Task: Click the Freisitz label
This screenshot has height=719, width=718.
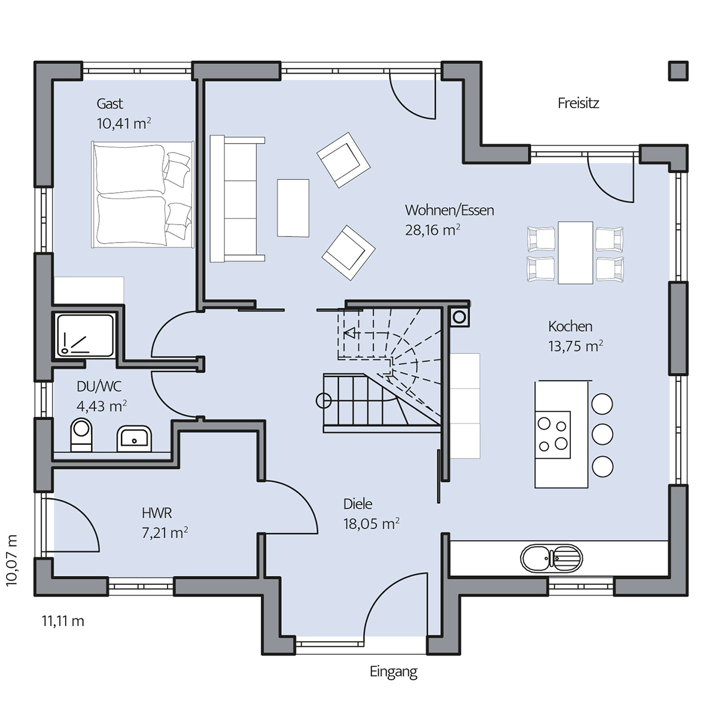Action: [578, 104]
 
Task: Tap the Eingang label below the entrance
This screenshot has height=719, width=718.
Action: [394, 672]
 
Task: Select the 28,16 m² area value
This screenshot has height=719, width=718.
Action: [432, 230]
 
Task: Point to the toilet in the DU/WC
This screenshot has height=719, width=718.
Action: [81, 435]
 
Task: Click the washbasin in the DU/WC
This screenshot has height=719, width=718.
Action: [134, 438]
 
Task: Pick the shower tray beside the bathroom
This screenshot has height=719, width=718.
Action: [85, 334]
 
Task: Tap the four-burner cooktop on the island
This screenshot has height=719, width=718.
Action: [553, 435]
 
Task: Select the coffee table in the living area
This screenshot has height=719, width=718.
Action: [293, 208]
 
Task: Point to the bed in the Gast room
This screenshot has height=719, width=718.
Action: [142, 194]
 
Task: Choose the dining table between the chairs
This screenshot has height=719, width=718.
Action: [576, 253]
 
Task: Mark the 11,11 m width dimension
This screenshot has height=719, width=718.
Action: [63, 621]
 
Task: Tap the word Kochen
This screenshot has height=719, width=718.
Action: [570, 326]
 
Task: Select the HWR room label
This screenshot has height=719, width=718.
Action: [157, 513]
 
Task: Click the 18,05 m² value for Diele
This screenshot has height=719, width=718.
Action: [371, 524]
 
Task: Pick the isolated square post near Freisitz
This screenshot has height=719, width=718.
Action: [678, 71]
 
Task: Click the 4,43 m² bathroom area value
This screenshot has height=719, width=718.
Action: [102, 406]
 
